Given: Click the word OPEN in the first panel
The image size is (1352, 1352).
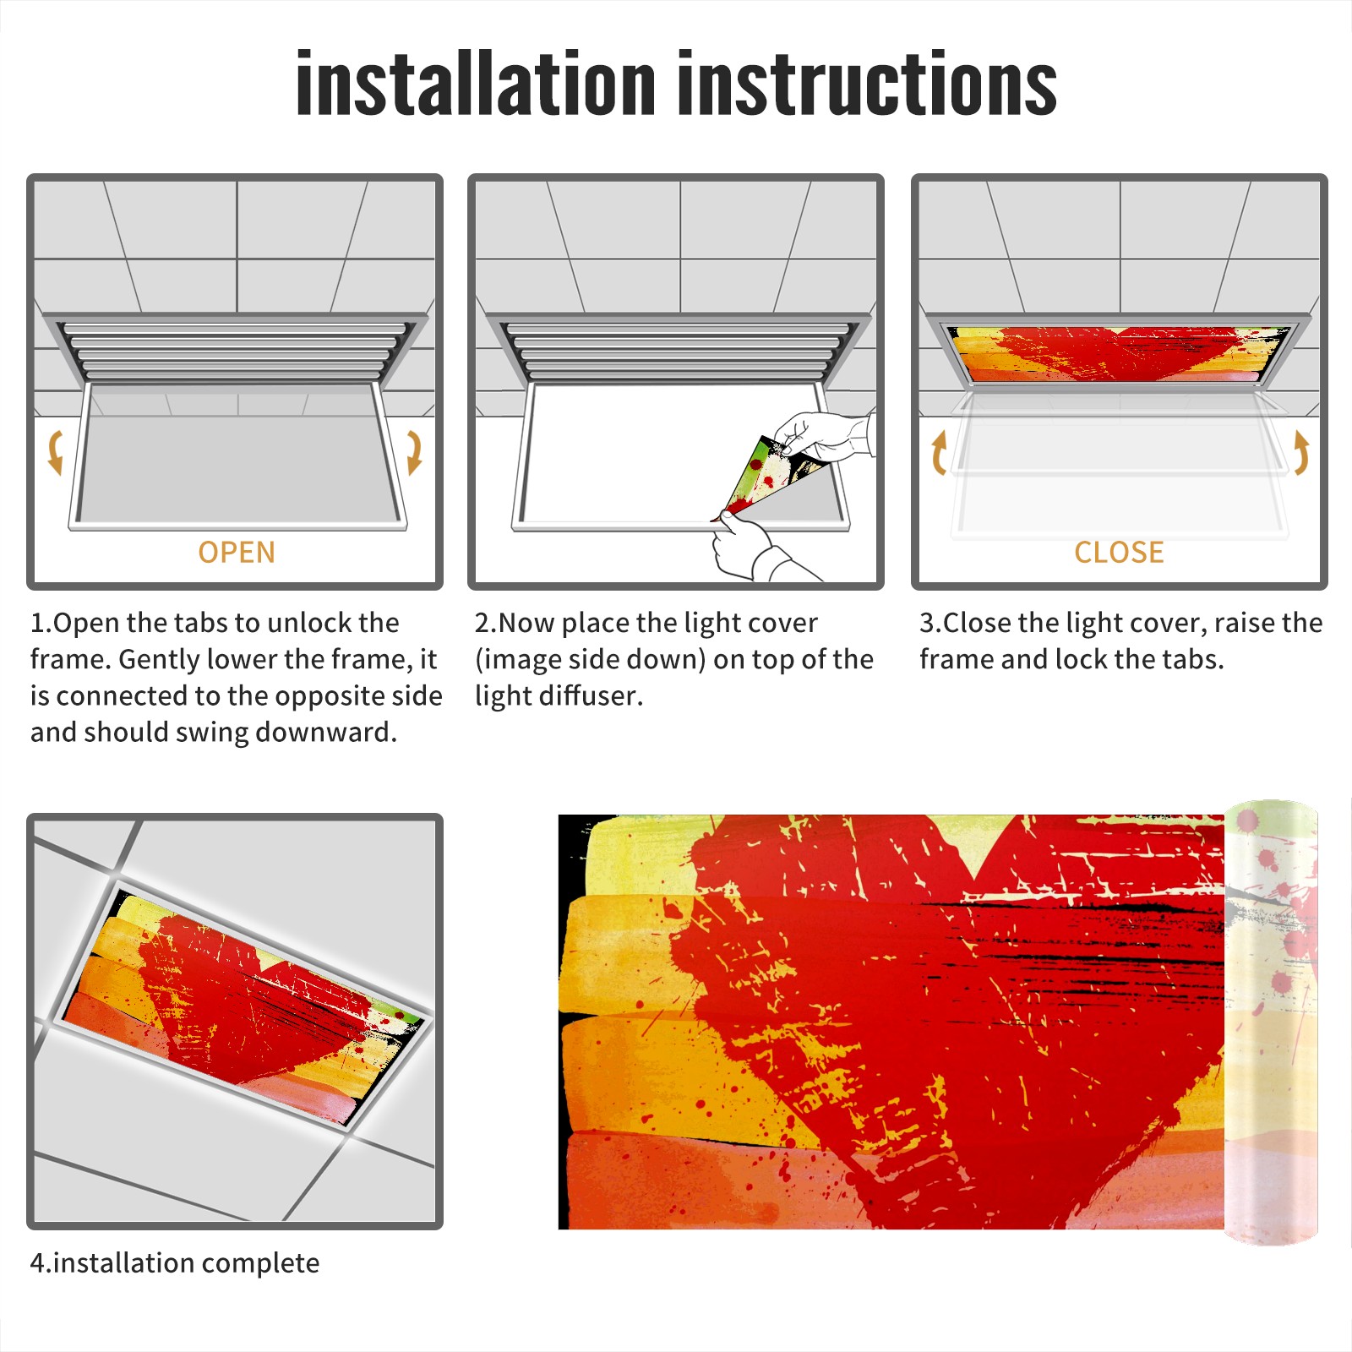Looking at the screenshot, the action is (237, 553).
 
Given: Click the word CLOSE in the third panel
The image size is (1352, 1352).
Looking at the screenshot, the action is (1119, 553).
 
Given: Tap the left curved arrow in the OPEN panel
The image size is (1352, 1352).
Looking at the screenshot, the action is (55, 452).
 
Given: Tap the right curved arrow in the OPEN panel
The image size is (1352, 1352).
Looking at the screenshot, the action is (414, 452).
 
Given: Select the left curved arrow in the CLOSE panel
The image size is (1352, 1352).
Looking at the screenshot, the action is (937, 452).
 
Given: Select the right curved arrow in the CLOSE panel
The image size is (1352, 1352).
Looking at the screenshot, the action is (1302, 452).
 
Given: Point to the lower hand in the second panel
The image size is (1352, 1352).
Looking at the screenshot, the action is (756, 549).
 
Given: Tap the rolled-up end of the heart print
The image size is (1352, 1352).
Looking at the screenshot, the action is (1271, 1022).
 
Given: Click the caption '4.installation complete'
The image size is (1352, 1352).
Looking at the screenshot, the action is (175, 1263).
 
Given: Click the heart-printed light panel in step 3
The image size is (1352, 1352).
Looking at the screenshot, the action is (1120, 353).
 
